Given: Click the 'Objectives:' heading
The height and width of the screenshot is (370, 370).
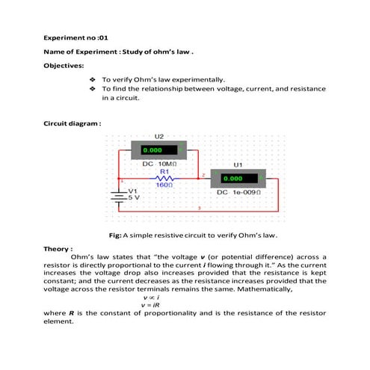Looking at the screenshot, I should [x=64, y=65].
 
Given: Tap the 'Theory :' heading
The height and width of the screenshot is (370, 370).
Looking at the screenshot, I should [x=58, y=248].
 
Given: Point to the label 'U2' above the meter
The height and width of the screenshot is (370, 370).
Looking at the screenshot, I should [x=159, y=136].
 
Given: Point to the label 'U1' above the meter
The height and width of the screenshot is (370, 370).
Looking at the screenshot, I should [x=238, y=164].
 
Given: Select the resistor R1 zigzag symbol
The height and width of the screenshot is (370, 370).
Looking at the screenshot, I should [x=166, y=178].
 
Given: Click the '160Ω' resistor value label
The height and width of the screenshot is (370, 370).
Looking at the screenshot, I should [x=165, y=185].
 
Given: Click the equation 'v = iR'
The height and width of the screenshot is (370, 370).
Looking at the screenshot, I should [x=152, y=303].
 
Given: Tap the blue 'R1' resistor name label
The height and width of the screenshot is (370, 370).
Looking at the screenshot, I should [x=165, y=171].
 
